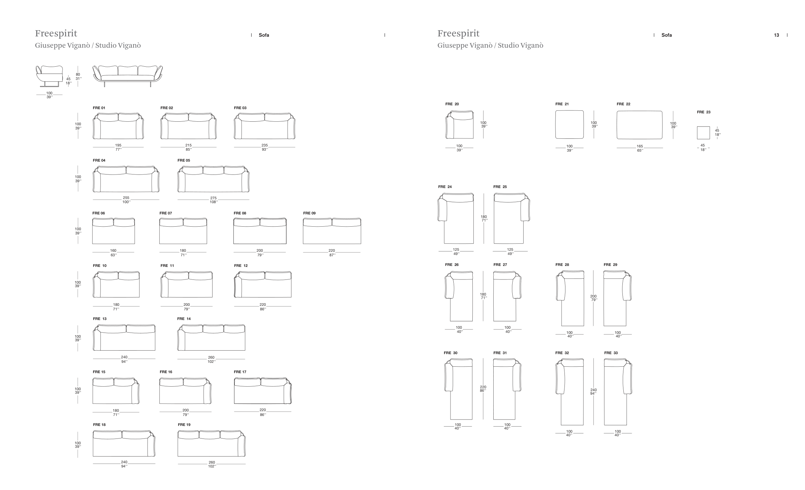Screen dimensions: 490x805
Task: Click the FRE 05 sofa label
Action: (184, 160)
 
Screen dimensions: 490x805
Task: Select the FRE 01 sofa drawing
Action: (118, 126)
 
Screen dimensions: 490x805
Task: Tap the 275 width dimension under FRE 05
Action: (213, 198)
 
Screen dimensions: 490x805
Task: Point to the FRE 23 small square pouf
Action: (703, 133)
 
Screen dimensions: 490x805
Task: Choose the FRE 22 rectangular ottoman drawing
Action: (639, 125)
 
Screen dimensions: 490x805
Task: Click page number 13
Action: (776, 35)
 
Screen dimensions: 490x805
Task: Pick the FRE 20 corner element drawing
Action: (459, 125)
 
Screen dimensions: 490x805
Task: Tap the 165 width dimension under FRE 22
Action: (640, 146)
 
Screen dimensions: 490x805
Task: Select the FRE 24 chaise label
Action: (445, 187)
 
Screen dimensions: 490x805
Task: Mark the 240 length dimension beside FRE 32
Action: (593, 390)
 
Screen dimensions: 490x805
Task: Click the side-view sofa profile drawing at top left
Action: (49, 76)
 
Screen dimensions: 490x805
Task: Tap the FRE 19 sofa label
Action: (184, 425)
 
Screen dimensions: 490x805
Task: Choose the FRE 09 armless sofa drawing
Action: (332, 231)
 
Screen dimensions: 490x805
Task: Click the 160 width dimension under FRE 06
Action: (113, 250)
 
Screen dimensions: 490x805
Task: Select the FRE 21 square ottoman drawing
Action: (569, 125)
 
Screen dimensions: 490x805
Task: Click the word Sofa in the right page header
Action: (667, 35)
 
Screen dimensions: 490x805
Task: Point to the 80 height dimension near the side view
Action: (78, 74)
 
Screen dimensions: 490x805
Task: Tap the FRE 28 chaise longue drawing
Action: (570, 298)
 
